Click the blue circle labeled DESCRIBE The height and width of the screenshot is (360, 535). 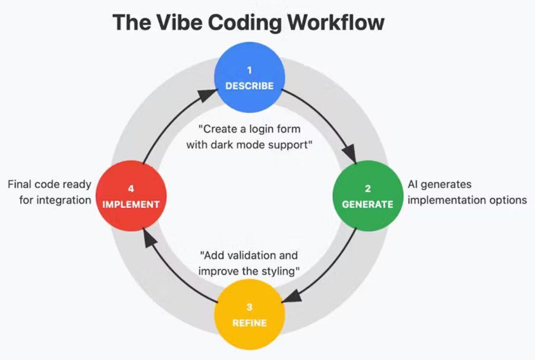pos(250,78)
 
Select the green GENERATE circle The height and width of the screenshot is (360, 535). pos(367,197)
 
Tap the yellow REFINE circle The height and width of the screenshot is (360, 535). pos(249,315)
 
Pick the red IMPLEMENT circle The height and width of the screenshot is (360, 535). pos(131,197)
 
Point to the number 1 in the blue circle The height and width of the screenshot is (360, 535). pos(250,70)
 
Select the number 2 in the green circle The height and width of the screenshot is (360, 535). pos(367,189)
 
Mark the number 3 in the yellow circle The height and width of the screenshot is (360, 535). pos(249,308)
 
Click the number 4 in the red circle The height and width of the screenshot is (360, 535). pos(131,189)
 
